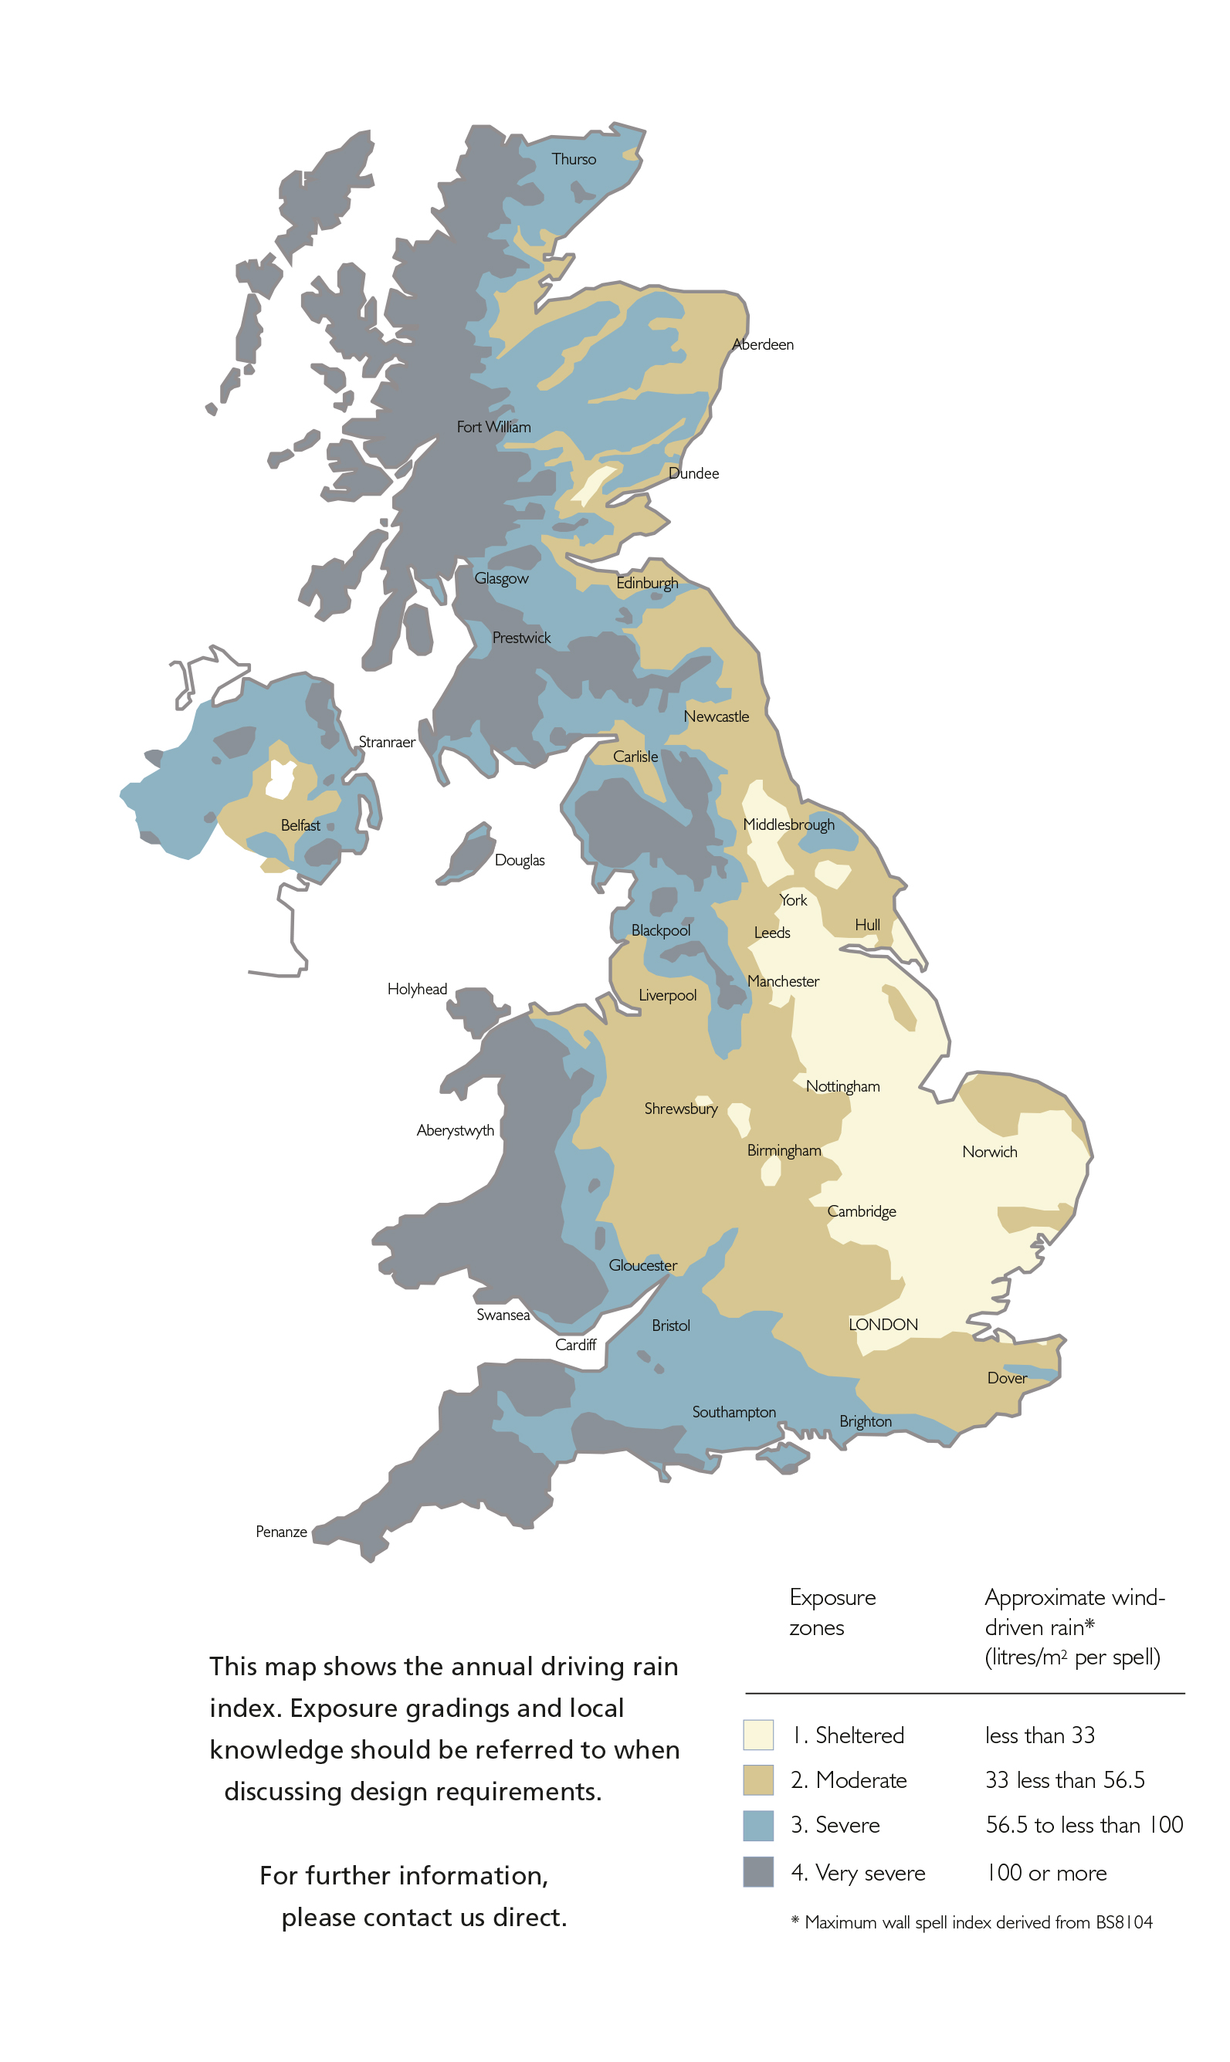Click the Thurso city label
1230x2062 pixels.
(574, 159)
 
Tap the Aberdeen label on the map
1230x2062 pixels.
(763, 344)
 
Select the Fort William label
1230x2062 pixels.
(493, 427)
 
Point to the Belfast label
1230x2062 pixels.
(300, 825)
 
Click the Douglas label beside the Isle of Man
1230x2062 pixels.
(520, 860)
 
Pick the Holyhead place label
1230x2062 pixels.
(417, 989)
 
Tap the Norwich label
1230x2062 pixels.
(990, 1152)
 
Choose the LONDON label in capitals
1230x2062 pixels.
(883, 1325)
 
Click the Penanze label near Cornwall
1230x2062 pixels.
(281, 1532)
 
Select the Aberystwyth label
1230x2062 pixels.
(455, 1131)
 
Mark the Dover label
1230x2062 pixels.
(1007, 1379)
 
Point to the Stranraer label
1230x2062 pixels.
(387, 743)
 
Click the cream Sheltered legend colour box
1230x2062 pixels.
(757, 1735)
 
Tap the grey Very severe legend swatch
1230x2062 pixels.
(757, 1872)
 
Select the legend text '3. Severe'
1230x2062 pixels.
(835, 1825)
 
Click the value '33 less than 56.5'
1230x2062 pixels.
(1064, 1780)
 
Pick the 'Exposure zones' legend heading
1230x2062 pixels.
(832, 1612)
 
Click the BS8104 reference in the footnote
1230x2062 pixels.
(1124, 1922)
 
